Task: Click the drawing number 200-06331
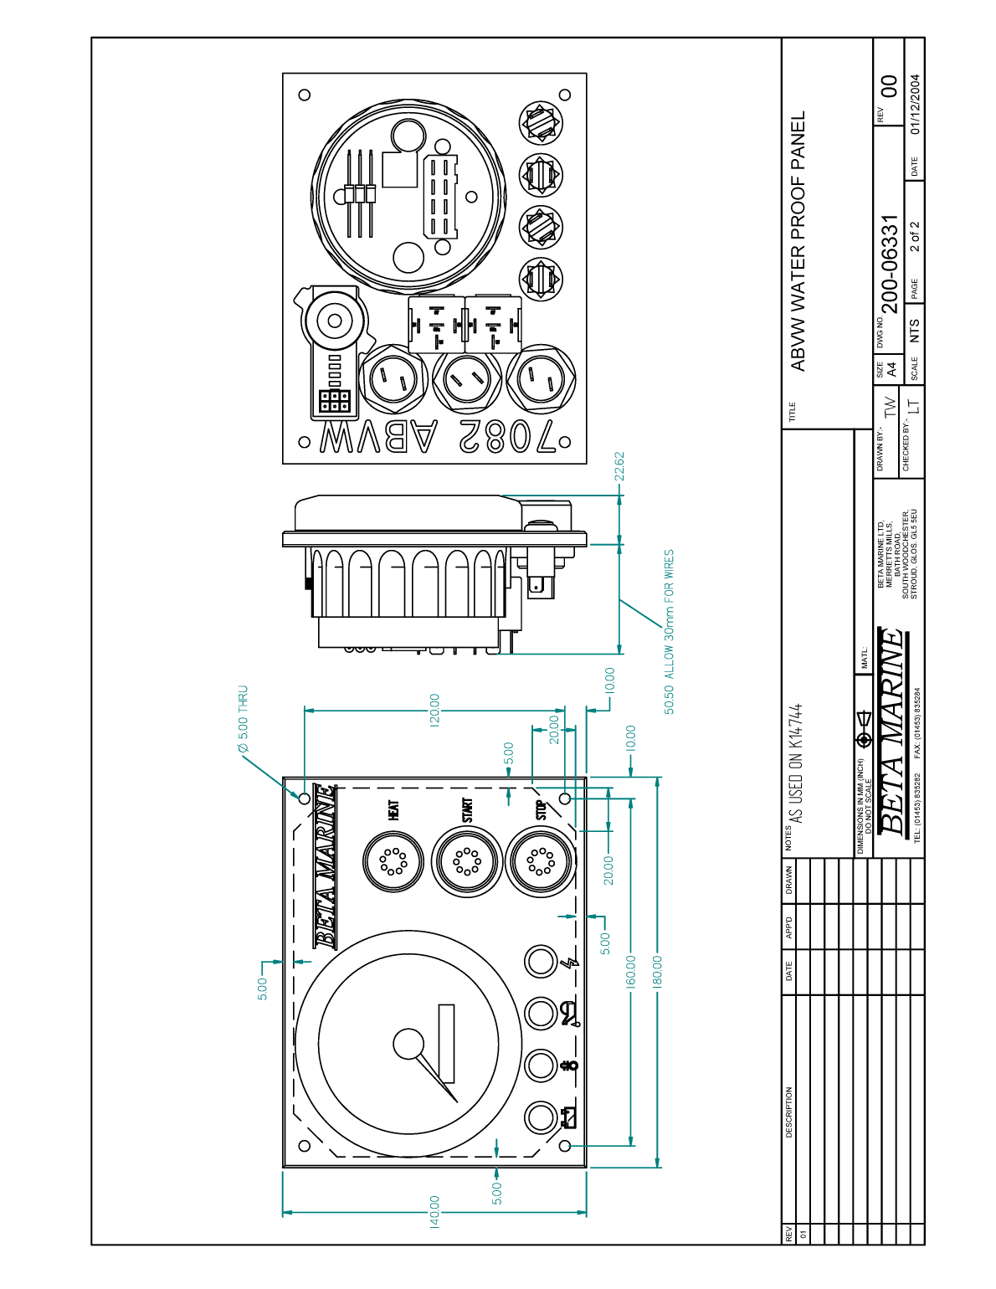[x=890, y=264]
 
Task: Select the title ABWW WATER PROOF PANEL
[x=798, y=241]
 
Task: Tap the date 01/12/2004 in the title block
[x=916, y=105]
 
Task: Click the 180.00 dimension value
[x=657, y=972]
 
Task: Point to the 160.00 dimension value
[x=631, y=972]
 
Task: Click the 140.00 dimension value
[x=434, y=1212]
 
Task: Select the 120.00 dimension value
[x=434, y=711]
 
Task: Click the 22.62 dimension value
[x=619, y=467]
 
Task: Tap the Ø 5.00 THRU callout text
[x=243, y=719]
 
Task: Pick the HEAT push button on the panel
[x=393, y=861]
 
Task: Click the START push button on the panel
[x=466, y=861]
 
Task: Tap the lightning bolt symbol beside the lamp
[x=572, y=962]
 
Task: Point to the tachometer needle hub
[x=409, y=1044]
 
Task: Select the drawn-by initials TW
[x=890, y=408]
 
